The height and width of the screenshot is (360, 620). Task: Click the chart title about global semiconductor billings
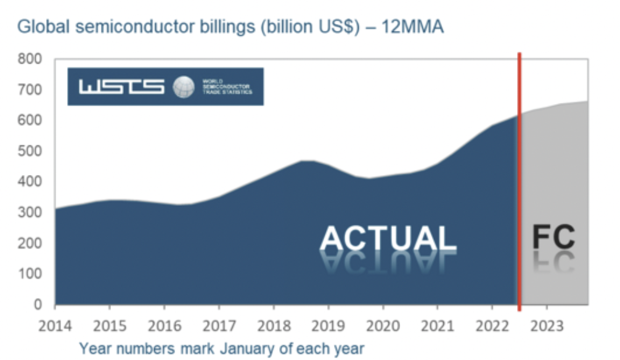230,28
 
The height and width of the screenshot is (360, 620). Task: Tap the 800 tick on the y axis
30,60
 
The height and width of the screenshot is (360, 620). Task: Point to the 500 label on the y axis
30,152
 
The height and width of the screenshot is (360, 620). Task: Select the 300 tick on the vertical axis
30,213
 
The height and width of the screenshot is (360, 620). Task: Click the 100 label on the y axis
30,274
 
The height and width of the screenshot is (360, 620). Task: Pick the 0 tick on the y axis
38,305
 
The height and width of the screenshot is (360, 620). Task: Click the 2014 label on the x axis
55,325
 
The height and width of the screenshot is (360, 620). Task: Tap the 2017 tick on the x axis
219,325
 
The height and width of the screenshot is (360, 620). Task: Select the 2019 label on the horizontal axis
328,325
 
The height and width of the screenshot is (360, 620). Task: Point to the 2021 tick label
438,325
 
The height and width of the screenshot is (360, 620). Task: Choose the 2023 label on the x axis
547,325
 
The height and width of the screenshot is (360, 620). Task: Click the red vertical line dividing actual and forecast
520,185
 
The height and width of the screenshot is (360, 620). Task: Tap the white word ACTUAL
388,239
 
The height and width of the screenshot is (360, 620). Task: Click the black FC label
553,237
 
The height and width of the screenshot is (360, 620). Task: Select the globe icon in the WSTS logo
183,87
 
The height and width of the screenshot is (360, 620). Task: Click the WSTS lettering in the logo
121,87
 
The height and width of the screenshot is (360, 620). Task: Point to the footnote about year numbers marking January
221,348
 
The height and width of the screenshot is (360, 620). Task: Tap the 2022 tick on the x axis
492,325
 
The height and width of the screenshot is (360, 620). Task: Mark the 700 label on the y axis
30,91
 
